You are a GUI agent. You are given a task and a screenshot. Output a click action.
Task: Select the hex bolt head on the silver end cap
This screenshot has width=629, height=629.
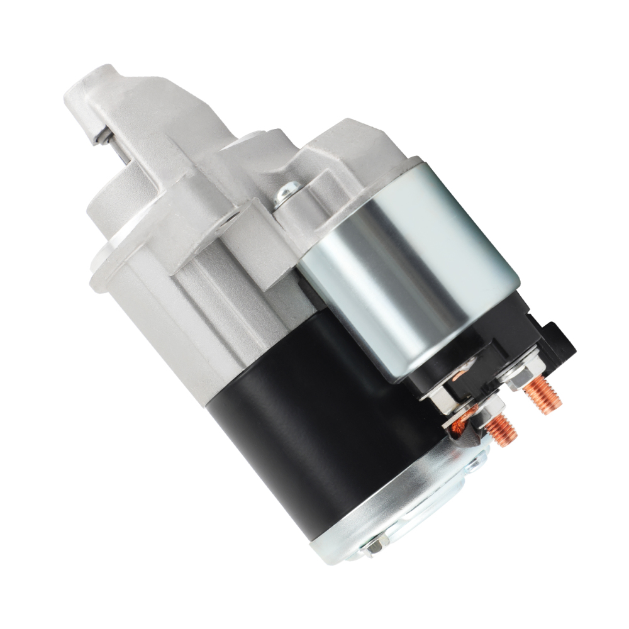tap(376, 546)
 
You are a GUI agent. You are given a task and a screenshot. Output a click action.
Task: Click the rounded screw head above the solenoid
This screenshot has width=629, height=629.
tap(289, 188)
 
